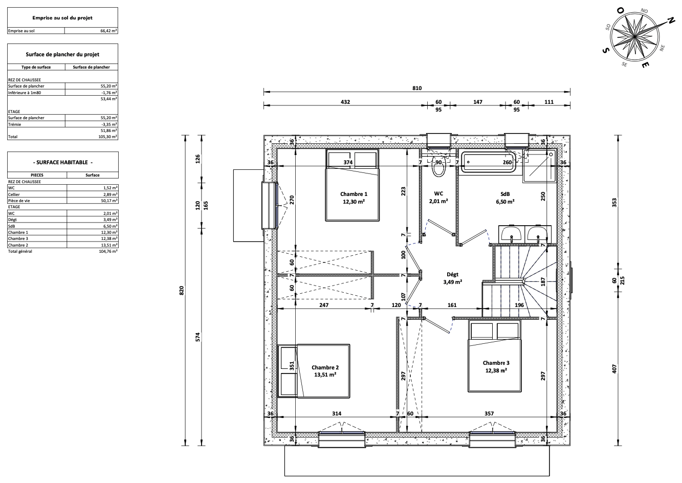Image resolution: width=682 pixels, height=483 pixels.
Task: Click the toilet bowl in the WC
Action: pyautogui.click(x=439, y=166)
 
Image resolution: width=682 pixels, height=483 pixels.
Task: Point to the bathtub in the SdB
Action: pyautogui.click(x=489, y=162)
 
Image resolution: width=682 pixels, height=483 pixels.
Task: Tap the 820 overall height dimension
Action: pyautogui.click(x=182, y=291)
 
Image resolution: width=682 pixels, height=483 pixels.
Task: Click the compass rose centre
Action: pyautogui.click(x=635, y=37)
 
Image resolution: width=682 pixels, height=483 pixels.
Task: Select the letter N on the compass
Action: pyautogui.click(x=670, y=20)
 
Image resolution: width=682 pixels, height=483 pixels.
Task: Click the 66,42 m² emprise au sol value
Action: pyautogui.click(x=108, y=31)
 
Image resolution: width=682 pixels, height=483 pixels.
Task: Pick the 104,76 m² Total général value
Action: pyautogui.click(x=108, y=251)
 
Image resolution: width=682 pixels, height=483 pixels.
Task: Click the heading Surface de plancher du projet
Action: pyautogui.click(x=62, y=55)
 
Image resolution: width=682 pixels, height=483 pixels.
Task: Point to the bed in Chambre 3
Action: pyautogui.click(x=494, y=356)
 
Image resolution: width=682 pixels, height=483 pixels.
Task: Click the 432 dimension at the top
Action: pyautogui.click(x=345, y=102)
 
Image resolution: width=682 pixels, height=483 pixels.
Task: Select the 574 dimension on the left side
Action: pyautogui.click(x=197, y=337)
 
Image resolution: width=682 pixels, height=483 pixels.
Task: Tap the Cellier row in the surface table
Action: pyautogui.click(x=63, y=194)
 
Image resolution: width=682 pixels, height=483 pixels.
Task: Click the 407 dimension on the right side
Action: pyautogui.click(x=614, y=369)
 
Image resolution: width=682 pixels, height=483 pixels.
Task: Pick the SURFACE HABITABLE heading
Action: pyautogui.click(x=63, y=162)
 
